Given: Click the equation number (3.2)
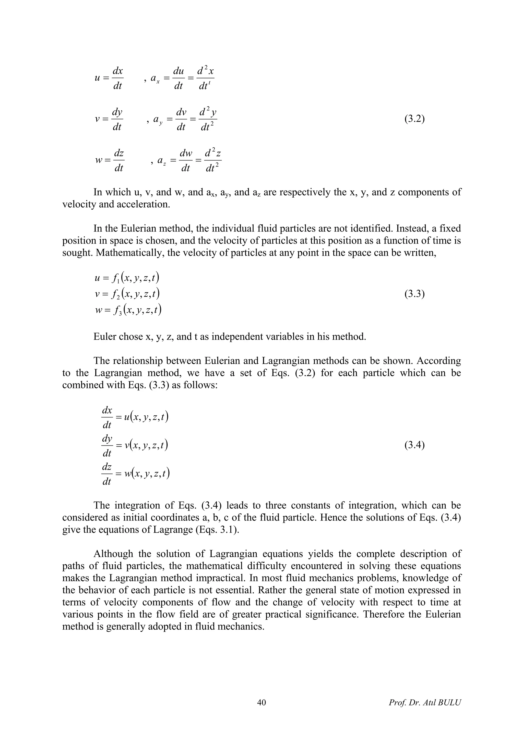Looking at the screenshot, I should click(x=414, y=119).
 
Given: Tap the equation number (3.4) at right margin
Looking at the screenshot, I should click(x=414, y=445).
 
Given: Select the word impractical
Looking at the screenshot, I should click(x=219, y=578).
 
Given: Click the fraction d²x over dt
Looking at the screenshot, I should click(x=205, y=78).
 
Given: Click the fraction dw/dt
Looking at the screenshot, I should click(x=186, y=160).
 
